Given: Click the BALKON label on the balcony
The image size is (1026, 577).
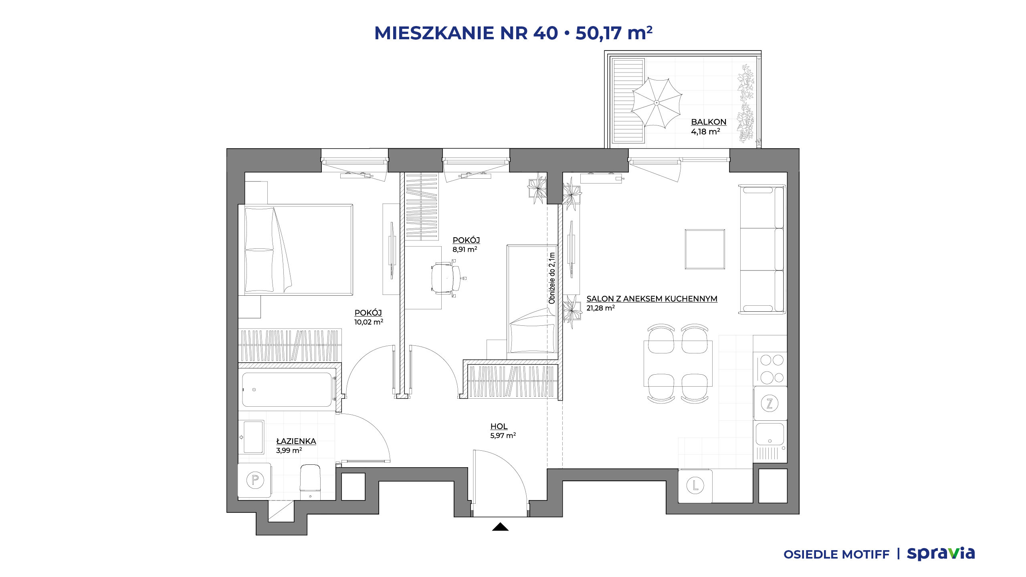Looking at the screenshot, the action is pyautogui.click(x=709, y=122).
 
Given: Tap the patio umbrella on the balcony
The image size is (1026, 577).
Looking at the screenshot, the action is pyautogui.click(x=656, y=103).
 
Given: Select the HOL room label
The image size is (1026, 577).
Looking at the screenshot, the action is pyautogui.click(x=499, y=426).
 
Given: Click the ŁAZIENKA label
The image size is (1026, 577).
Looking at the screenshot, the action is pyautogui.click(x=296, y=441).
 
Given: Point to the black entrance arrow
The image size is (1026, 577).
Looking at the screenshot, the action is pyautogui.click(x=500, y=527).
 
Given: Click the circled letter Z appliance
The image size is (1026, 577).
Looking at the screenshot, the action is pyautogui.click(x=769, y=403).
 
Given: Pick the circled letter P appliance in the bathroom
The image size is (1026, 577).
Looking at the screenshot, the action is pyautogui.click(x=255, y=480).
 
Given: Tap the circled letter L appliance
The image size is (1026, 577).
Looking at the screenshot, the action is pyautogui.click(x=695, y=486).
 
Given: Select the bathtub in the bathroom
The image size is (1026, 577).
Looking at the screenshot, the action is pyautogui.click(x=287, y=390).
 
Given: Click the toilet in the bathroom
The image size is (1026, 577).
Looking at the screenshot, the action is pyautogui.click(x=310, y=482).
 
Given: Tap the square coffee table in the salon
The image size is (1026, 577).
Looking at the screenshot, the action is pyautogui.click(x=705, y=249).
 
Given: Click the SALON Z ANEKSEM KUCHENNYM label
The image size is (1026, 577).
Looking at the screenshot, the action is pyautogui.click(x=652, y=299).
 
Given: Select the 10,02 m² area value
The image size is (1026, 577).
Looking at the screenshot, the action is pyautogui.click(x=369, y=322).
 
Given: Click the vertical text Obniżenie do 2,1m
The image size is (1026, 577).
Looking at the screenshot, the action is pyautogui.click(x=552, y=278).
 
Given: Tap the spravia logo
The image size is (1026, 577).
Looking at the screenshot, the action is pyautogui.click(x=941, y=553).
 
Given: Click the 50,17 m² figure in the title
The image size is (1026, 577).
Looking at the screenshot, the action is pyautogui.click(x=614, y=33).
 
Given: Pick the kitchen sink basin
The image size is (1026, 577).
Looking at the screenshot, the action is pyautogui.click(x=769, y=434).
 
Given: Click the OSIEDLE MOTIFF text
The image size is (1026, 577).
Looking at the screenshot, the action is pyautogui.click(x=836, y=555).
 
